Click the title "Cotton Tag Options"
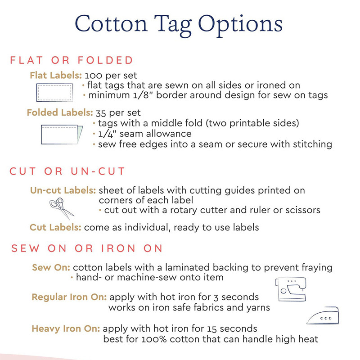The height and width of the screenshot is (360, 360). click(x=179, y=24)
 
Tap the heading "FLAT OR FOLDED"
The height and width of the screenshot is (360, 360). click(x=72, y=60)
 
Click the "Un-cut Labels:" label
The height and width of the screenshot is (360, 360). click(x=63, y=190)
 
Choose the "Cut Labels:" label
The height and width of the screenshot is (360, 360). click(x=55, y=227)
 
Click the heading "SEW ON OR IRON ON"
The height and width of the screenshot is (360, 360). click(x=86, y=248)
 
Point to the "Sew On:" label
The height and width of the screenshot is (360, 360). click(x=51, y=268)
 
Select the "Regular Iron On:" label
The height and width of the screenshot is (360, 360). click(x=69, y=297)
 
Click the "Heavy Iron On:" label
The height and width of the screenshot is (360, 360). click(x=66, y=328)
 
